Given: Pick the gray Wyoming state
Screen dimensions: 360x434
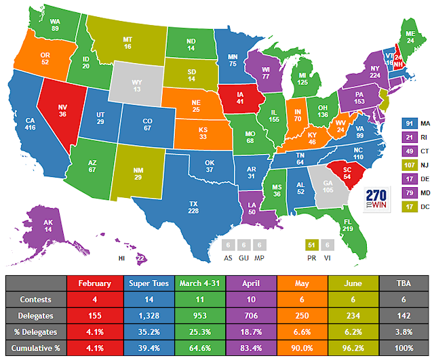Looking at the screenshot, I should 138,84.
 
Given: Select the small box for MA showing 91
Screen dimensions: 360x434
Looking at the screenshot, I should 409,124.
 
